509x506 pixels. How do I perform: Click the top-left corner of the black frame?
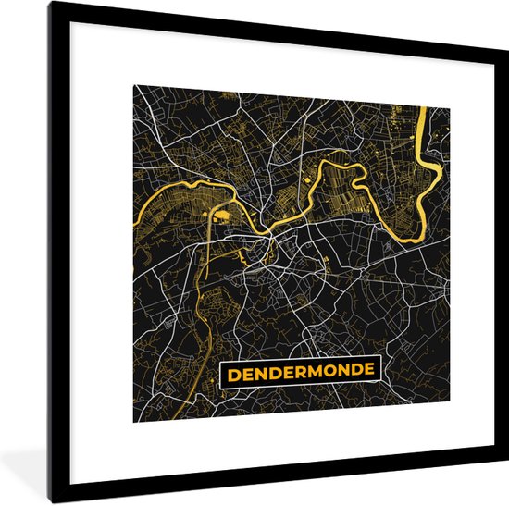coord(52,4)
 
